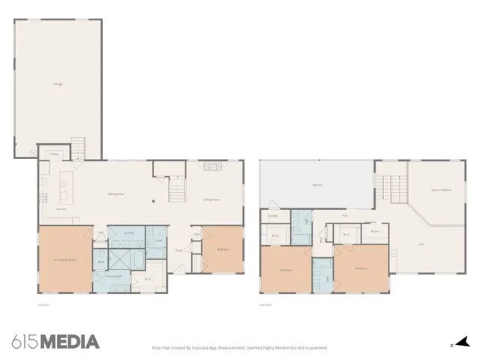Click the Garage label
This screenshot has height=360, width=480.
click(x=58, y=84)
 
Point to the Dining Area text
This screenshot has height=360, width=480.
click(x=115, y=194)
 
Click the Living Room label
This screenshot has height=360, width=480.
click(x=211, y=199)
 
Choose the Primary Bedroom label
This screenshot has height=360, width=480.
click(x=65, y=259)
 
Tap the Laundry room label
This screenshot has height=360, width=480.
click(x=128, y=232)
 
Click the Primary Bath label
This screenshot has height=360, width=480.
click(x=124, y=277)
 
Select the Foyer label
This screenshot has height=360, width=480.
click(x=180, y=250)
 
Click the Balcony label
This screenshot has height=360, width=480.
click(x=317, y=184)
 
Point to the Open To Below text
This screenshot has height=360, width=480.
click(x=441, y=190)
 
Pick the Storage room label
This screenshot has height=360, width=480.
click(x=272, y=217)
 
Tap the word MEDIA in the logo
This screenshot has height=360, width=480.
click(x=69, y=342)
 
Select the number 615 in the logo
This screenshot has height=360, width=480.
click(x=24, y=342)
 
